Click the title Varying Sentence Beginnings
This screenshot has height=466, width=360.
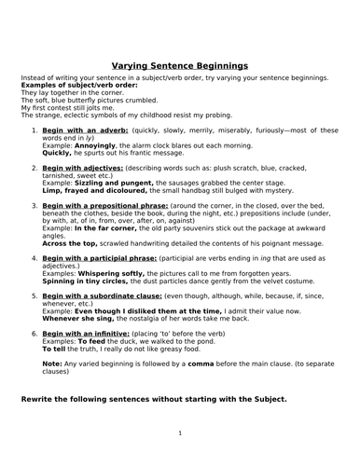pos(180,66)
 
